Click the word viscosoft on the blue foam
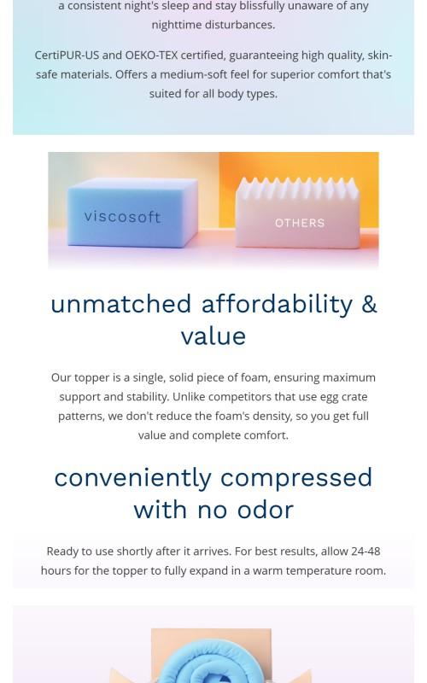[122, 217]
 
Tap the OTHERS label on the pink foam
[299, 223]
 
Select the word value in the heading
[213, 336]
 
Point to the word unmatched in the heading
[120, 304]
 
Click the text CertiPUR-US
[67, 55]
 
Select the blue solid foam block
[128, 209]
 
